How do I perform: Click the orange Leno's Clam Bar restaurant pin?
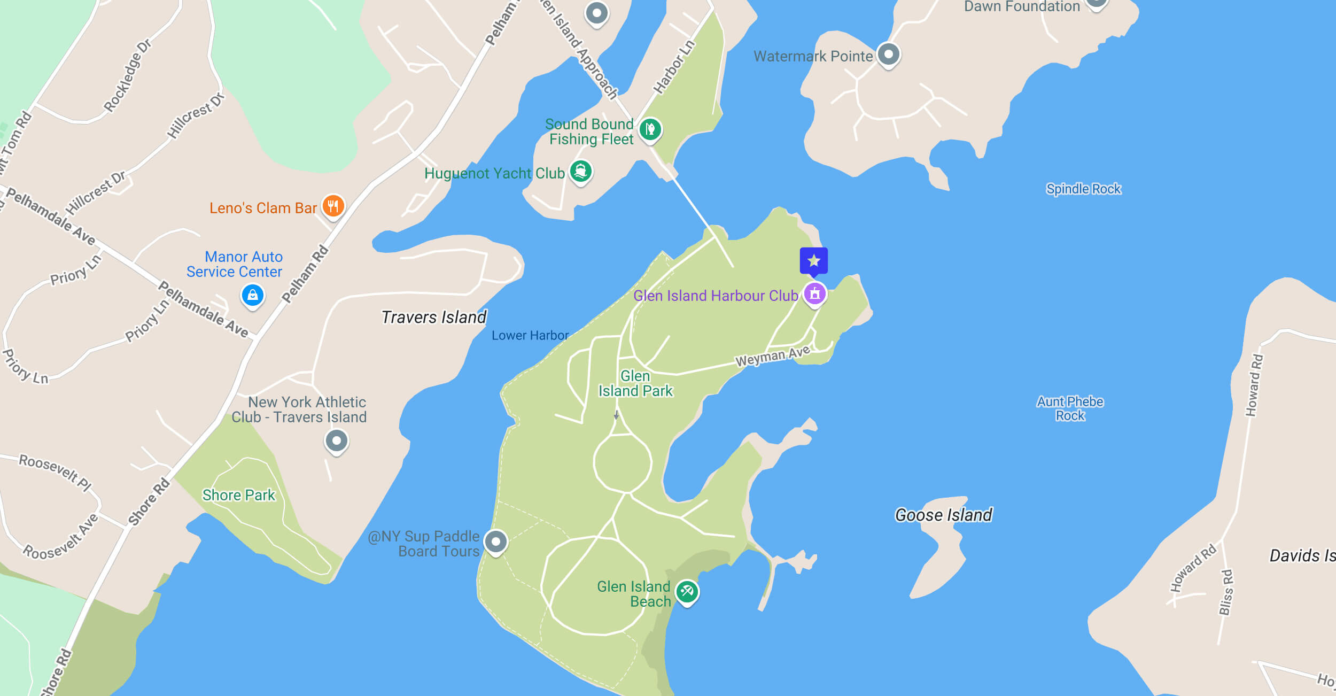click(x=333, y=206)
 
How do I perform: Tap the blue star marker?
click(x=813, y=261)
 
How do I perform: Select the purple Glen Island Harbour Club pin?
click(x=814, y=293)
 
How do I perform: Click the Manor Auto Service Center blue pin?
click(x=253, y=295)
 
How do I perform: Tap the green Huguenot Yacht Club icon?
click(x=580, y=172)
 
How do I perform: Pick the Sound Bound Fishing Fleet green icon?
click(x=650, y=129)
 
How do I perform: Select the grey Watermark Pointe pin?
click(x=889, y=55)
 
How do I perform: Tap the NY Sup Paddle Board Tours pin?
click(x=495, y=542)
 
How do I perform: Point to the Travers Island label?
click(x=434, y=317)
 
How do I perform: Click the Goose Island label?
click(x=944, y=515)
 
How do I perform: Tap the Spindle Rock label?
click(x=1083, y=189)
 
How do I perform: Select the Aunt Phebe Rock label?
click(x=1070, y=408)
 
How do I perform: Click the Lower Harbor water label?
click(x=530, y=335)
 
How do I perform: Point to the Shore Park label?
click(x=238, y=495)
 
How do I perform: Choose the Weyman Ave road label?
click(x=772, y=356)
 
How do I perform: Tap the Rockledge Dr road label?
click(x=127, y=76)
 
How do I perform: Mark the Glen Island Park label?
click(x=635, y=383)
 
